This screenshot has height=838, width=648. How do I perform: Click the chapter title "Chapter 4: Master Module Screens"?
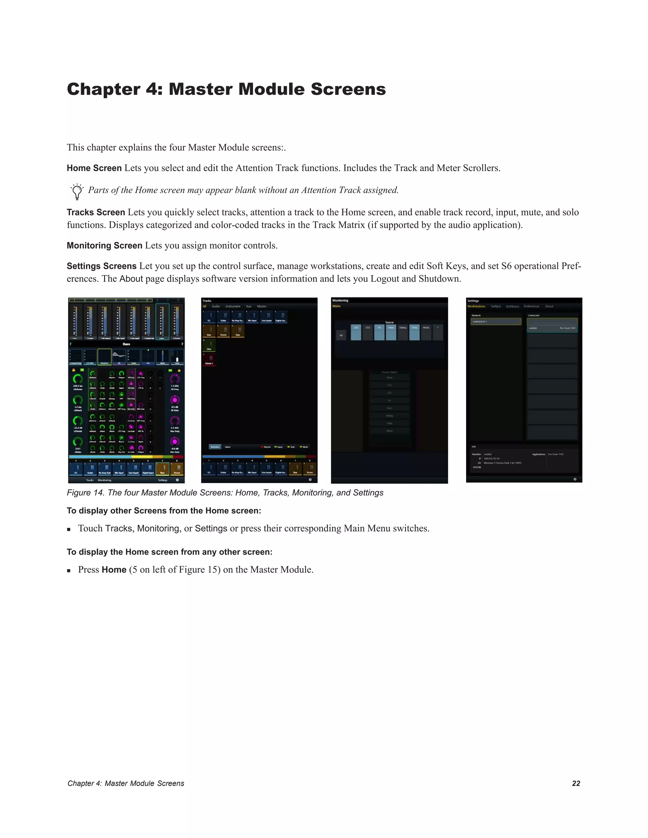[226, 89]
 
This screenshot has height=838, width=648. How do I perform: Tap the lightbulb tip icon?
[77, 191]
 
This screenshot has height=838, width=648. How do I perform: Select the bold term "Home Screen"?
[94, 168]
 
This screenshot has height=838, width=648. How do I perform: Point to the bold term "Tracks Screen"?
[96, 213]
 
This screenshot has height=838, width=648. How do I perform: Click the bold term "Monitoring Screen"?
[104, 246]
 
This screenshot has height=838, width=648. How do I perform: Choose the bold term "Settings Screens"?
[101, 266]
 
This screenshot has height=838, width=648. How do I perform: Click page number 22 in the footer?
[576, 783]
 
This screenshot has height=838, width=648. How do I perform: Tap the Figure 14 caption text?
[225, 493]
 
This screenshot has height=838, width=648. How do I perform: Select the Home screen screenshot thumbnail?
[126, 390]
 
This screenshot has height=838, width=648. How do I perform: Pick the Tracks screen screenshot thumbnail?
[259, 390]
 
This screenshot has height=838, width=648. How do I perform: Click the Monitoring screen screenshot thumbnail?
[389, 390]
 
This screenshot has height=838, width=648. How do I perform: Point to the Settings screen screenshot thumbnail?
[524, 390]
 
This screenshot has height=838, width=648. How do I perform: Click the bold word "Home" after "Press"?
[114, 570]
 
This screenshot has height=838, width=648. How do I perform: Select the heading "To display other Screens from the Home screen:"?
[164, 511]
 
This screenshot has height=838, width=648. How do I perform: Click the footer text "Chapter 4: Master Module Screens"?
[126, 783]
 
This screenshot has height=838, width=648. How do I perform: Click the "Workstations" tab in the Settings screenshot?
[476, 306]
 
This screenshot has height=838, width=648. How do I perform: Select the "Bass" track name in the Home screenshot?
[126, 344]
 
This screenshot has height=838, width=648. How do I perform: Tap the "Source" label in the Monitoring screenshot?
[389, 322]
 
